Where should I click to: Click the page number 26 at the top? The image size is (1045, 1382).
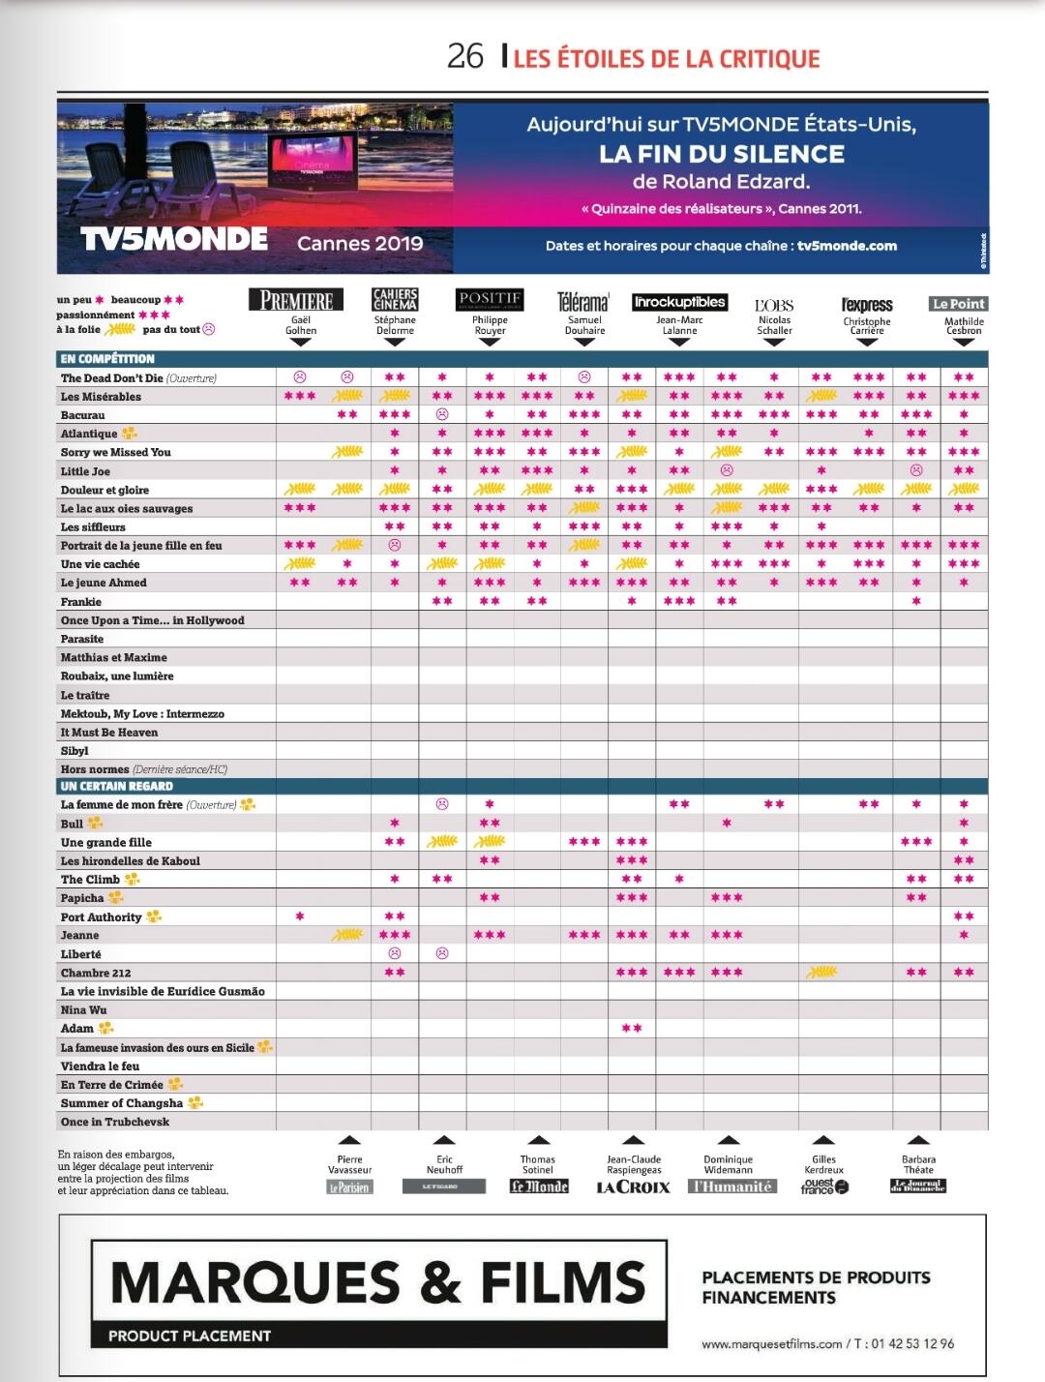[x=464, y=56]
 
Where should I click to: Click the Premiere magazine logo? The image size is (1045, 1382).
[x=297, y=300]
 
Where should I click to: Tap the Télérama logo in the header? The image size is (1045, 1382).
[x=583, y=302]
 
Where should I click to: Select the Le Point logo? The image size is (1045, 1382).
[x=959, y=303]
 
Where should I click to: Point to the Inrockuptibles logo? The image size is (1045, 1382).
[x=679, y=302]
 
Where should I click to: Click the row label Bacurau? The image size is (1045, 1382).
[x=83, y=415]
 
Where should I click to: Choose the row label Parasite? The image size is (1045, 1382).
[x=82, y=639]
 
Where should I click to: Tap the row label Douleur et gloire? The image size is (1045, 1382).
[x=104, y=490]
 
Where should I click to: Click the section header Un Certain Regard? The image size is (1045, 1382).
[x=117, y=786]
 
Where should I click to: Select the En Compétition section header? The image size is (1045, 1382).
[x=107, y=358]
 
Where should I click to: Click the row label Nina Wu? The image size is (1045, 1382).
[x=84, y=1009]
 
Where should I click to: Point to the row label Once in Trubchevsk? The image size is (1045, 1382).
[x=115, y=1122]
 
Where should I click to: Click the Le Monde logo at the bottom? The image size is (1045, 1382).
[x=539, y=1187]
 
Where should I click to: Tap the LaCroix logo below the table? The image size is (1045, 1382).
[x=633, y=1187]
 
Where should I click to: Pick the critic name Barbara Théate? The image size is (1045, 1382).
[x=918, y=1164]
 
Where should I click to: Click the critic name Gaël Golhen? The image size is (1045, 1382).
[x=301, y=325]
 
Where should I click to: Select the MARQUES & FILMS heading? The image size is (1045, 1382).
[x=378, y=1280]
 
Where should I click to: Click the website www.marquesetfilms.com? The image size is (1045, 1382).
[x=771, y=1343]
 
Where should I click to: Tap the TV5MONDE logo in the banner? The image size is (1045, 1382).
[x=174, y=239]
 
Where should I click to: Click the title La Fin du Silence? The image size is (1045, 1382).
[x=721, y=154]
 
